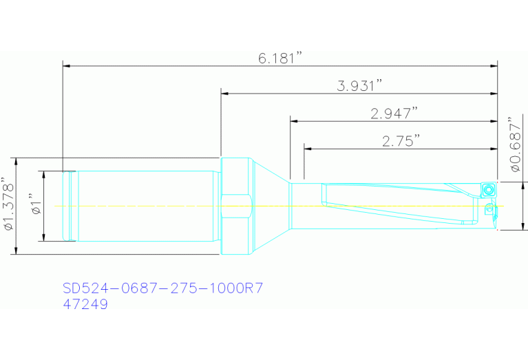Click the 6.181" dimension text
(281, 59)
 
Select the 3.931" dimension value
(359, 86)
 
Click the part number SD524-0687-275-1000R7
(162, 288)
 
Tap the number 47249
(85, 304)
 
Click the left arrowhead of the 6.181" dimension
(67, 66)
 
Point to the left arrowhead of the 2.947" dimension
(294, 121)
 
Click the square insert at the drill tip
(488, 189)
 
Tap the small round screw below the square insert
(489, 209)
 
